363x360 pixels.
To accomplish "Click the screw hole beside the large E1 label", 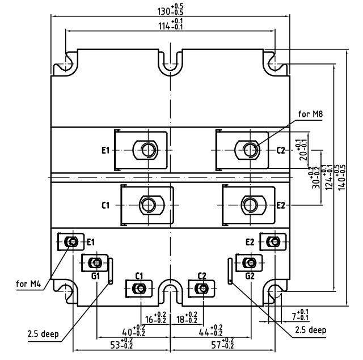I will point(148,150).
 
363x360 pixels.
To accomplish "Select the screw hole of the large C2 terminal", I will point(250,150).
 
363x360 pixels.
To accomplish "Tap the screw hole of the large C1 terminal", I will point(148,204).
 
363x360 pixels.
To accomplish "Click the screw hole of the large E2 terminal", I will point(250,204).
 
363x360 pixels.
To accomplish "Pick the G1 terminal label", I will point(95,276).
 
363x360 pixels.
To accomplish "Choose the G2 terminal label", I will point(250,276).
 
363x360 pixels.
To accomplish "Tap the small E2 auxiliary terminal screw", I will point(275,241).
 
